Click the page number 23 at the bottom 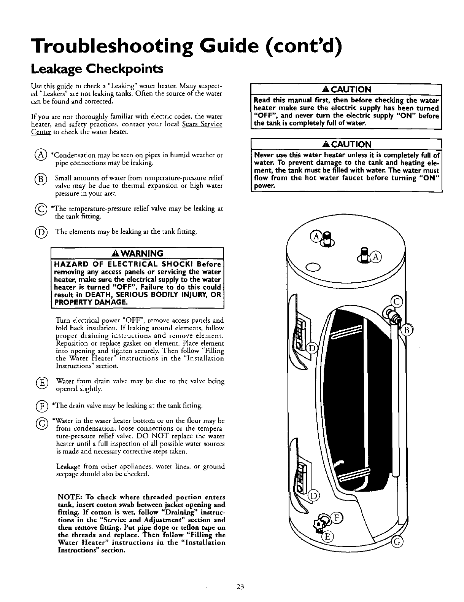pos(240,586)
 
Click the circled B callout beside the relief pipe pos(406,330)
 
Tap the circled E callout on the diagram pos(326,537)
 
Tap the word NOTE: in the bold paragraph pos(68,497)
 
